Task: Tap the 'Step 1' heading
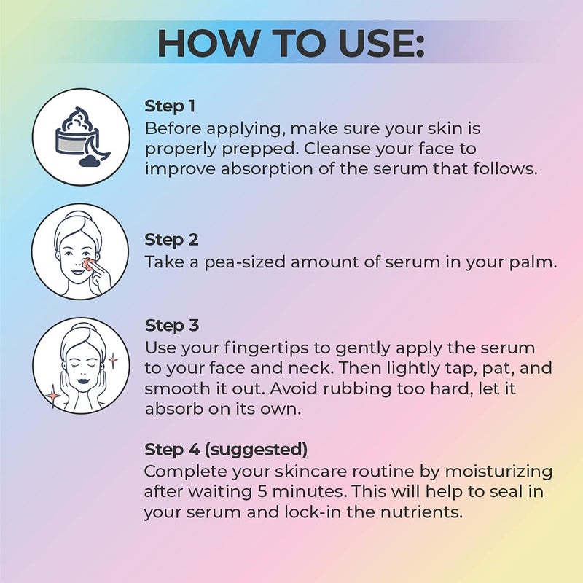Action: pyautogui.click(x=170, y=106)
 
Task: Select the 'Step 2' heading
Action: pyautogui.click(x=171, y=239)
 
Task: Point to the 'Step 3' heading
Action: pyautogui.click(x=171, y=325)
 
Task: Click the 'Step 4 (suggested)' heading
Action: pyautogui.click(x=225, y=448)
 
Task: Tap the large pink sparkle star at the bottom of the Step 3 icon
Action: pyautogui.click(x=52, y=396)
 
